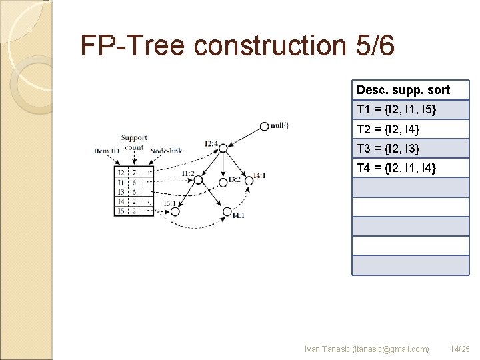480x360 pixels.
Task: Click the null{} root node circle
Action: [x=265, y=125]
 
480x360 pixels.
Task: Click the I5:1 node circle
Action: [x=175, y=211]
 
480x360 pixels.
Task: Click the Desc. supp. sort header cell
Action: [x=411, y=90]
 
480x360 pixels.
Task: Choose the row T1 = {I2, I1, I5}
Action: [x=411, y=109]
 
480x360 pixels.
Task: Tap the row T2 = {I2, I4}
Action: [x=411, y=129]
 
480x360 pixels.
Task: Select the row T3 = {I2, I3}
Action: [x=411, y=148]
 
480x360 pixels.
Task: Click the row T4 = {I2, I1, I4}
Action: [x=411, y=167]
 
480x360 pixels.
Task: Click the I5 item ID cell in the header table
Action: [x=121, y=211]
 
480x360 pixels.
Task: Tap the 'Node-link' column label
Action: [x=166, y=151]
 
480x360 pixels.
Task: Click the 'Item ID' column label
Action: [x=107, y=151]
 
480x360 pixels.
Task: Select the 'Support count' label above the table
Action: [x=134, y=142]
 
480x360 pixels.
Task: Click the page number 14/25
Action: [x=460, y=349]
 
